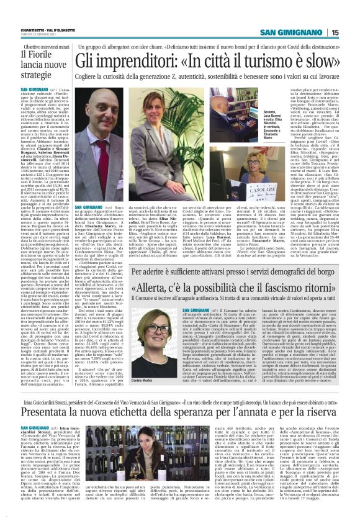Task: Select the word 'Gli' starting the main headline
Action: pos(86,61)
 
